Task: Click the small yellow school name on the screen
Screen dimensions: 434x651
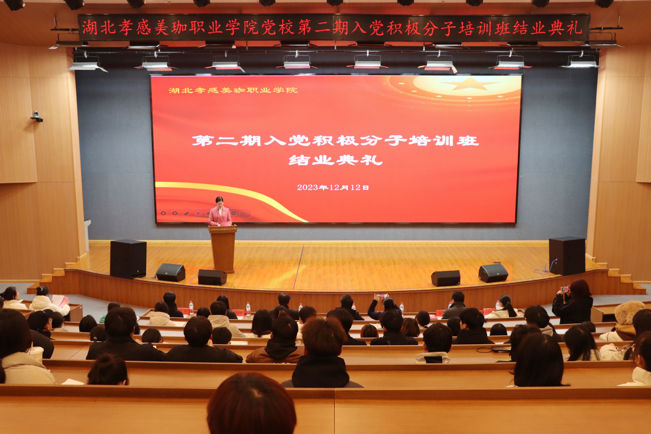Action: coord(233,90)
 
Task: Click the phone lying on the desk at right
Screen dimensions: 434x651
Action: coord(501,349)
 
